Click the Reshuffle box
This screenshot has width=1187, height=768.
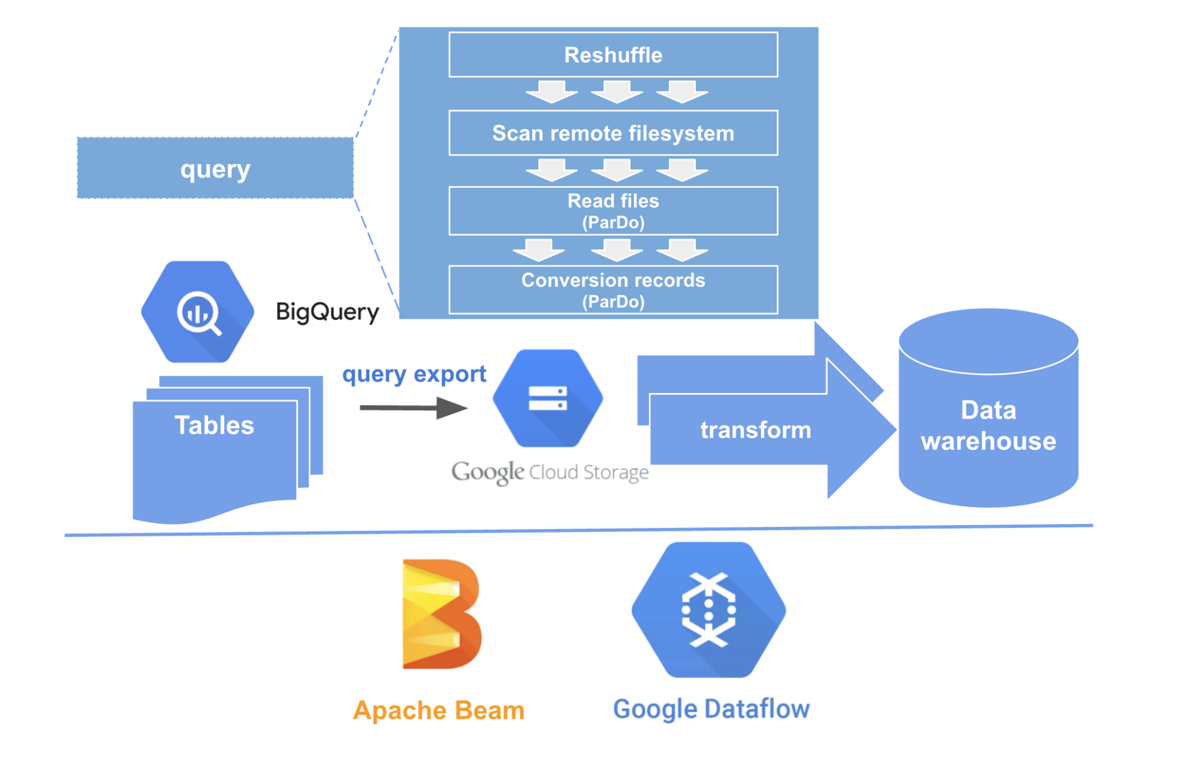coord(613,55)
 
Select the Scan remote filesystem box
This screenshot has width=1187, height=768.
coord(613,133)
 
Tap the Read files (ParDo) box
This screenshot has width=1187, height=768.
coord(613,211)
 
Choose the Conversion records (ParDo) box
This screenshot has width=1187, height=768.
coord(613,290)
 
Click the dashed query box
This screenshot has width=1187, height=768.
coord(215,169)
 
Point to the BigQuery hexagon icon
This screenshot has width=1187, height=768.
coord(198,312)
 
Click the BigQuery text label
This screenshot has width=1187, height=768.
coord(327,312)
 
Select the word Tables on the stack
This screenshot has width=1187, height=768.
coord(214,425)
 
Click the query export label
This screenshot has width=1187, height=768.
coord(414,374)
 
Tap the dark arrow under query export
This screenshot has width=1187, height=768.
coord(413,407)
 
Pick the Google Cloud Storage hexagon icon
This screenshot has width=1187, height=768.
coord(548,398)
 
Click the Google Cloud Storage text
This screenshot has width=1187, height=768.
coord(549,472)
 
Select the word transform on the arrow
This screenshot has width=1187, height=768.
coord(755,430)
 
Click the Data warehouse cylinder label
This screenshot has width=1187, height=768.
coord(988,425)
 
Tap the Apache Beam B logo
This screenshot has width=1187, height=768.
coord(442,614)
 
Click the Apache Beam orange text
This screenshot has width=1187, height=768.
coord(439,710)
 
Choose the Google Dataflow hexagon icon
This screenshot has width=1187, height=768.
coord(708,610)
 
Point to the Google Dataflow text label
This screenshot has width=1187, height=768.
coord(711,709)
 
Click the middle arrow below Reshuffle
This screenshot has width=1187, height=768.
coord(617,92)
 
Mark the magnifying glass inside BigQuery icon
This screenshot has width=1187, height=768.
coord(199,314)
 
